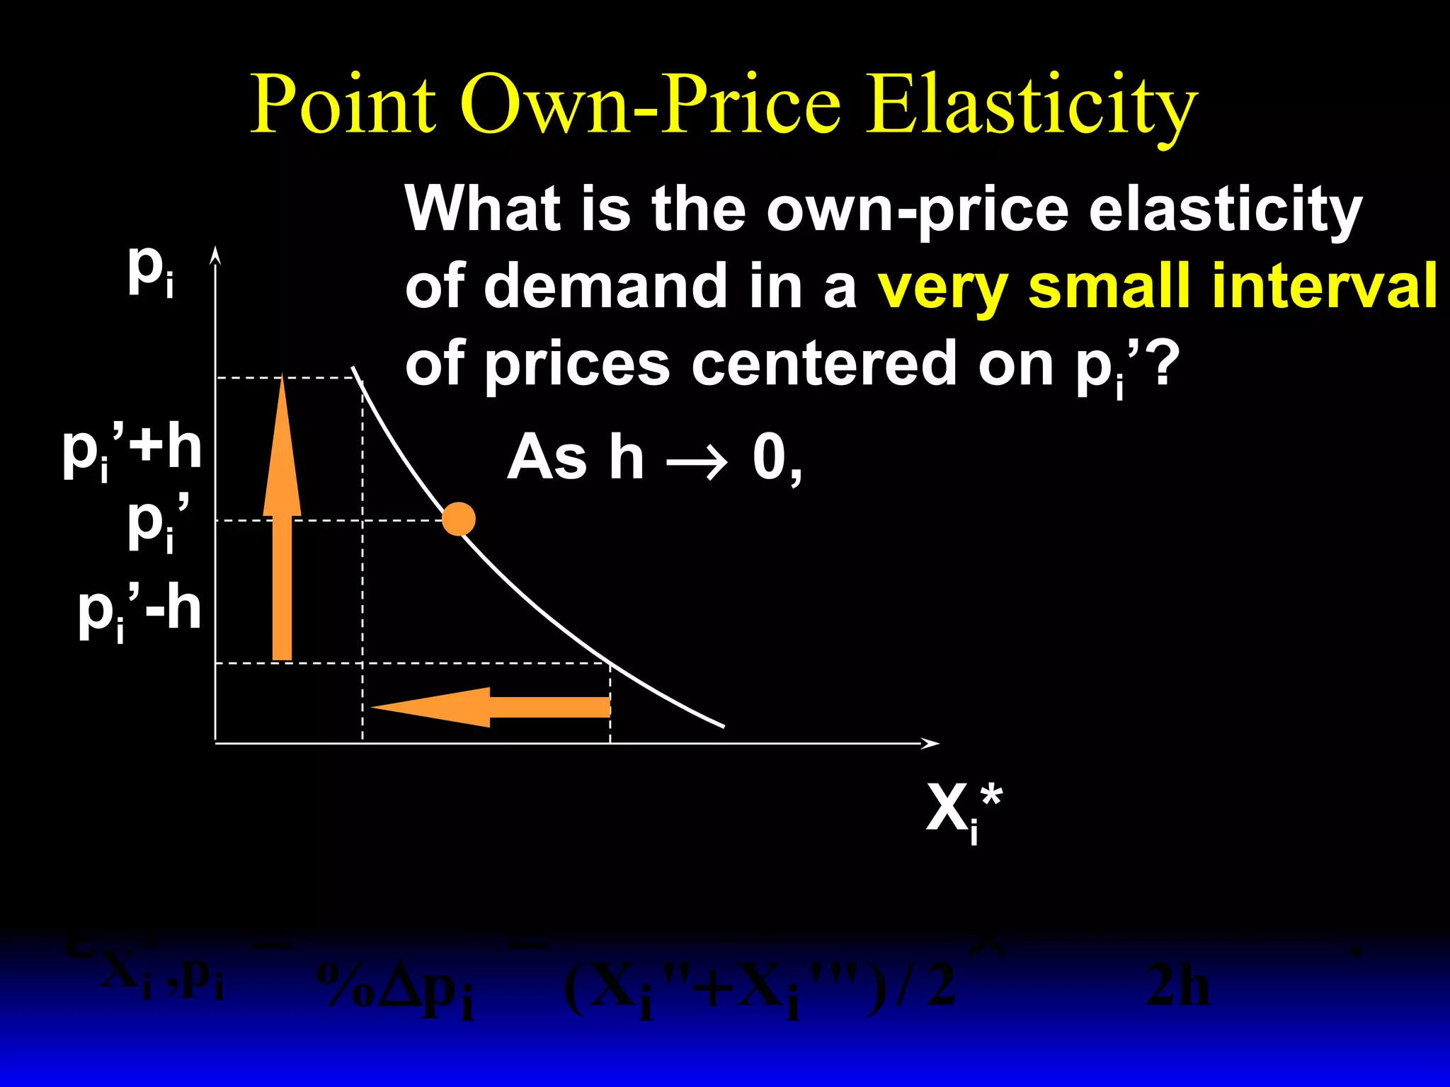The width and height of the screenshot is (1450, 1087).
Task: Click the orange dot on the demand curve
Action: (x=459, y=519)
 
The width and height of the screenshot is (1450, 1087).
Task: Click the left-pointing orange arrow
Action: (x=489, y=707)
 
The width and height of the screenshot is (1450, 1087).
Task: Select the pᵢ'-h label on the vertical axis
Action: (x=139, y=611)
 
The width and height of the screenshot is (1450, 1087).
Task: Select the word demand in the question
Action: (x=607, y=286)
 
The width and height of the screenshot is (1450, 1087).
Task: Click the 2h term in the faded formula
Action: (x=1177, y=986)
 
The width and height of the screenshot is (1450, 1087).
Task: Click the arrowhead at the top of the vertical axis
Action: (x=216, y=255)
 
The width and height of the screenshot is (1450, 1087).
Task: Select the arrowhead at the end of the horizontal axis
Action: (x=932, y=743)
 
